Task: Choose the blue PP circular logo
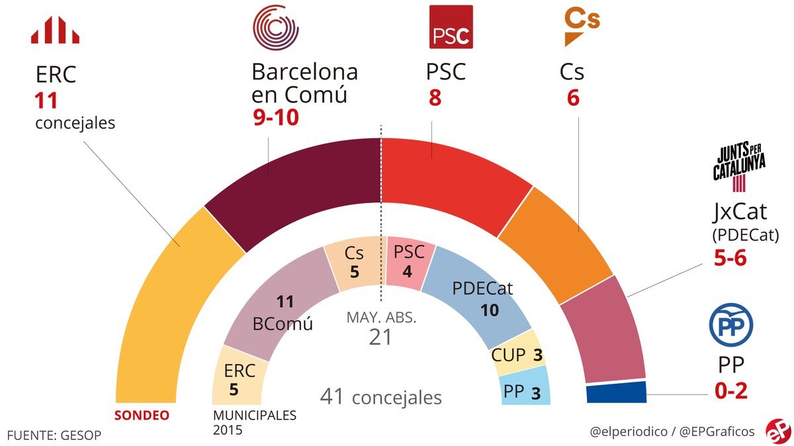click(730, 325)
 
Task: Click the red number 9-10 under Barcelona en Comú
click(275, 118)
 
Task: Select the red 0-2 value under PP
click(731, 391)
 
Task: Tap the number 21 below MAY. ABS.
click(380, 337)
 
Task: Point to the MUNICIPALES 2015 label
click(254, 422)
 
